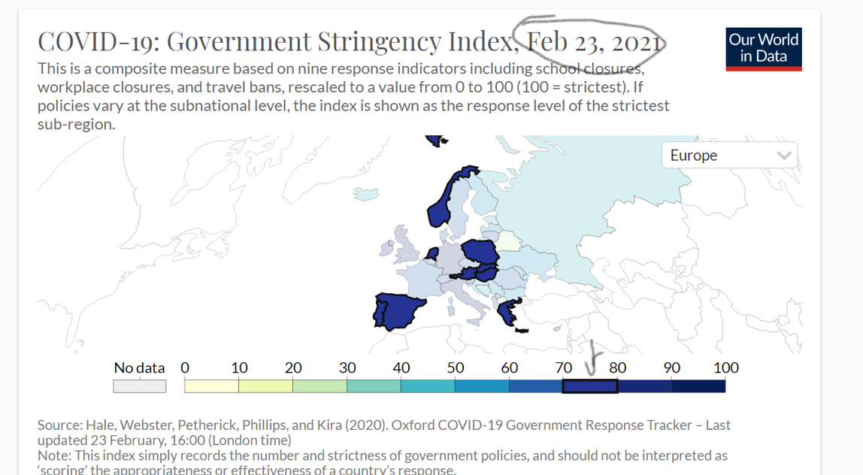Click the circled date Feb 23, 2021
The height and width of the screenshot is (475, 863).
click(594, 43)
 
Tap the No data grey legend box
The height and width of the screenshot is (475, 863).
click(139, 386)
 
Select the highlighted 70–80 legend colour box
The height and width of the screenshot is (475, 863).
click(590, 386)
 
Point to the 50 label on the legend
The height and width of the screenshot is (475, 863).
click(456, 368)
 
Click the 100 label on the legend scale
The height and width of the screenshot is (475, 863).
click(726, 368)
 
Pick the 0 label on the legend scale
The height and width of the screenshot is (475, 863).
click(185, 368)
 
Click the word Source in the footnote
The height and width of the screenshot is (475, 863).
click(62, 425)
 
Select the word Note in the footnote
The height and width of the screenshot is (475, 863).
click(53, 456)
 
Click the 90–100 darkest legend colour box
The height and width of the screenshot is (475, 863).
click(698, 386)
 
